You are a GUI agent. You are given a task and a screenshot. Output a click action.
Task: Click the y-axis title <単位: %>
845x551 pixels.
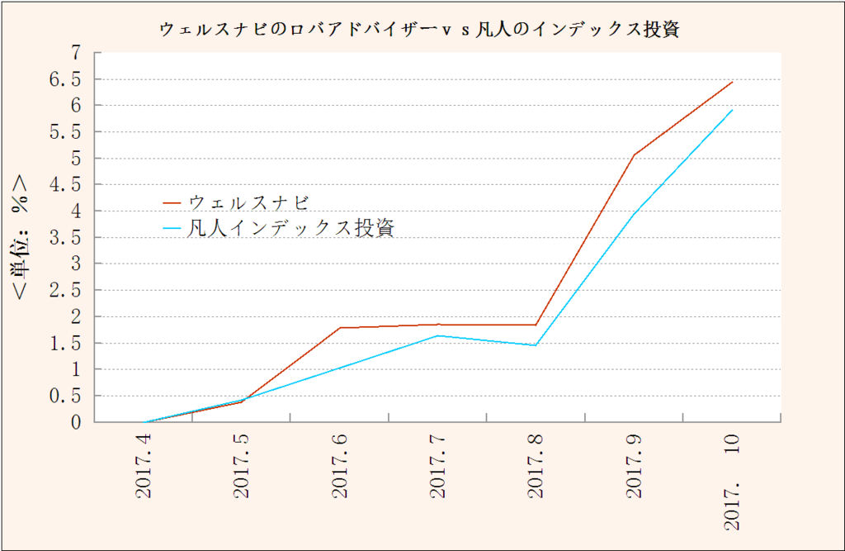22,236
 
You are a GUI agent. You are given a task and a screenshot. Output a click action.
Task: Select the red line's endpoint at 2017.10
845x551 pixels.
733,82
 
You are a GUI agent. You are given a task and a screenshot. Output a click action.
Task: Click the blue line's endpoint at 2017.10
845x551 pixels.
733,110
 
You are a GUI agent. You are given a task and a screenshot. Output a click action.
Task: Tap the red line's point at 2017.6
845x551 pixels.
340,328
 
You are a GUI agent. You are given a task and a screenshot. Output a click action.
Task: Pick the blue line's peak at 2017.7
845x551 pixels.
438,335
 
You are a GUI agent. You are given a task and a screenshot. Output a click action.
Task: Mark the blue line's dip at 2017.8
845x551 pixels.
536,345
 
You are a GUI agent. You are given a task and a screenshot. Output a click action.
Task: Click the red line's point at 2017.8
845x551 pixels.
536,325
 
